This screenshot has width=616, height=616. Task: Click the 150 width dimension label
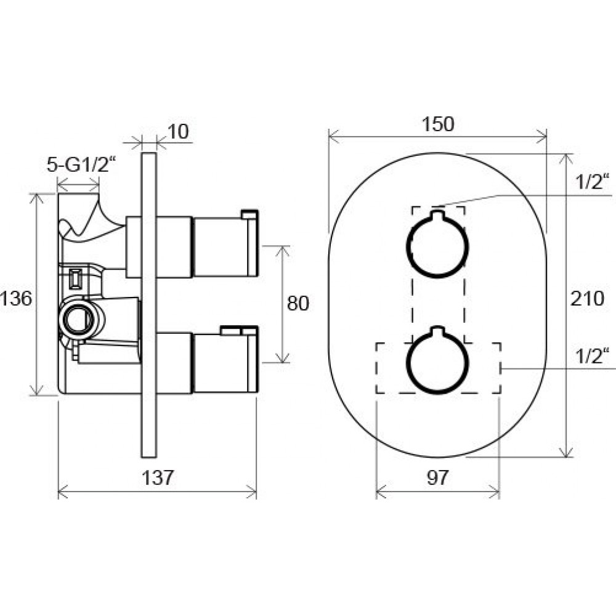point(437,124)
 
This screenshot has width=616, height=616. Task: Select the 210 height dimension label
point(587,299)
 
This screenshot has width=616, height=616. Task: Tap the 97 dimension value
point(437,477)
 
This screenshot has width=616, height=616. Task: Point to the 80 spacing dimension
point(298,303)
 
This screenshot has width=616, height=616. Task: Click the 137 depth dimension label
point(158,477)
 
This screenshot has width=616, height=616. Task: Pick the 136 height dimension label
point(16,299)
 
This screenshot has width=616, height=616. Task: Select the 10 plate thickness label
point(178,132)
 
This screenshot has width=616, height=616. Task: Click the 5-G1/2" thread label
point(82,164)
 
